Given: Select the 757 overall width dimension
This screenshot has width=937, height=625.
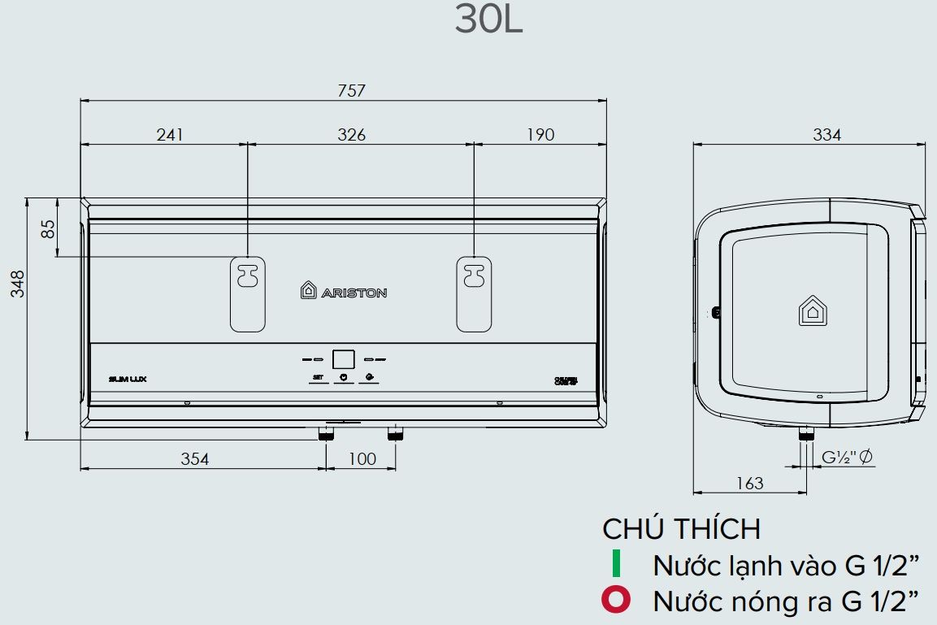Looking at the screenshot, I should click(352, 90).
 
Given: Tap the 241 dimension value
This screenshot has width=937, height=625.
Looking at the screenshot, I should click(170, 134).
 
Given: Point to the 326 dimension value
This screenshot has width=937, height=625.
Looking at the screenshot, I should click(352, 134).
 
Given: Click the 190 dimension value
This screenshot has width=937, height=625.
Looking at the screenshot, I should click(540, 134).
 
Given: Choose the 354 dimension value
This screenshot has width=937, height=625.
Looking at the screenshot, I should click(194, 459).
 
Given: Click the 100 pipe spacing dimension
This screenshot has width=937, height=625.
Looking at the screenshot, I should click(362, 459).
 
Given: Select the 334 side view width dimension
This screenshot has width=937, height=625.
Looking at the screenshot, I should click(826, 135).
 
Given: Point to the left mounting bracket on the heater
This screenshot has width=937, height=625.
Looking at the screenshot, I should click(247, 293).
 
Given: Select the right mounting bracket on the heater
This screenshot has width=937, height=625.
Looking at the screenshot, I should click(473, 293).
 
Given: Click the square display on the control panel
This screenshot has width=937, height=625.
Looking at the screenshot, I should click(344, 358).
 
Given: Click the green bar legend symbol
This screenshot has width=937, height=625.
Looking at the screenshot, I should click(616, 564).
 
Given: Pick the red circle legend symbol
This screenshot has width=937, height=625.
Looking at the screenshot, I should click(615, 601).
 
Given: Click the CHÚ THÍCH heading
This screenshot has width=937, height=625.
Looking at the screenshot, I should click(681, 529).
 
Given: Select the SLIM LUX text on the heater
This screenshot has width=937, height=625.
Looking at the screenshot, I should click(127, 379).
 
